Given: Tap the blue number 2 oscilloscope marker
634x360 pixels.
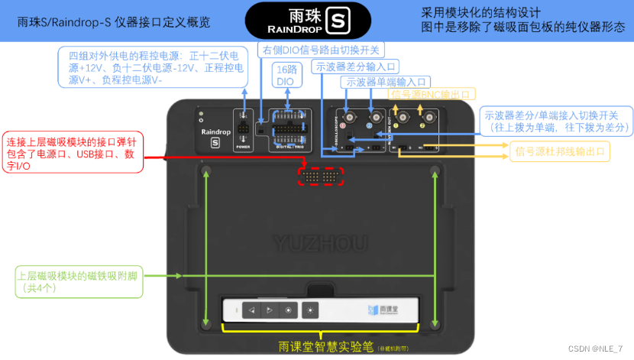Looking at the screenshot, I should (x=370, y=124).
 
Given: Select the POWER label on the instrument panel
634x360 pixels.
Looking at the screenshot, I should (x=243, y=146).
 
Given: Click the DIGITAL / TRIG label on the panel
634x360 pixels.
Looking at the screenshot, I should (x=290, y=146).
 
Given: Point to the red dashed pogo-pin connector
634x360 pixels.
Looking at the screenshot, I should (x=321, y=176).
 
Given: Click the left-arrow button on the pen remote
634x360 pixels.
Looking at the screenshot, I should (x=251, y=310).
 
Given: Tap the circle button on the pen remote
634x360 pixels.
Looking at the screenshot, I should (x=287, y=310).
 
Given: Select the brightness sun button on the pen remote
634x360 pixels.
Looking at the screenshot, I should (x=309, y=310).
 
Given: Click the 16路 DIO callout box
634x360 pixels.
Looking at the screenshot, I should (x=286, y=74).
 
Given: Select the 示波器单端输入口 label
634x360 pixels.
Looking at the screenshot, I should (x=387, y=82).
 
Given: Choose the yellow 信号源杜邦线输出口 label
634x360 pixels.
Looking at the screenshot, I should (x=561, y=152).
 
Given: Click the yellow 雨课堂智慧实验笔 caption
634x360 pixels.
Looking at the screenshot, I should (x=325, y=346).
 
